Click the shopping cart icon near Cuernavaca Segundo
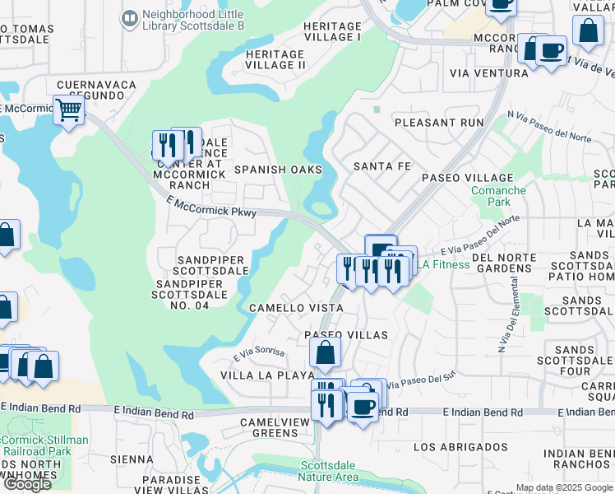[69, 110]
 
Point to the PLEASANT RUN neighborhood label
[439, 122]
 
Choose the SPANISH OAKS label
[277, 170]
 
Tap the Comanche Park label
[497, 196]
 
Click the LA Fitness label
[443, 264]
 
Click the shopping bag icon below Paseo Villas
[326, 354]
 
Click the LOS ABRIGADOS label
[460, 447]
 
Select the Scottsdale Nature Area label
[328, 470]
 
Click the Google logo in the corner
[27, 483]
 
